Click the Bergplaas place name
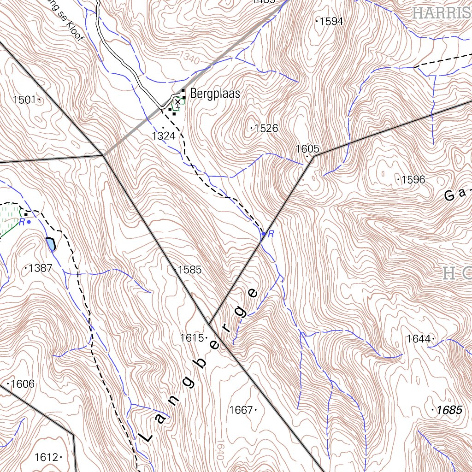point(215,94)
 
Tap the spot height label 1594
point(331,21)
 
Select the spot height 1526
point(266,128)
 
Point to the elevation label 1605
point(307,149)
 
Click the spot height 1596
point(413,180)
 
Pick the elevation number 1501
point(24,100)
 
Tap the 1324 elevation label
point(164,136)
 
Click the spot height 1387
point(40,268)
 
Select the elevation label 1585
point(190,270)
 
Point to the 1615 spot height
point(192,338)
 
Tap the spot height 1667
point(241,410)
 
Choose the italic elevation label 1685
point(449,410)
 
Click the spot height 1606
point(23,384)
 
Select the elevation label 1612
point(47,457)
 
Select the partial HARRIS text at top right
point(442,13)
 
